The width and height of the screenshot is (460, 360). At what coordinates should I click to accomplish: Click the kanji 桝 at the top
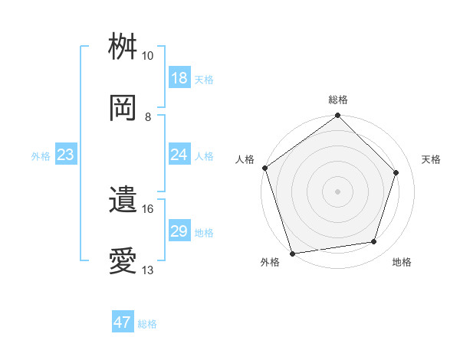coord(123,47)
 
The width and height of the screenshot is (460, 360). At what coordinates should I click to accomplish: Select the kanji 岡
coord(123,108)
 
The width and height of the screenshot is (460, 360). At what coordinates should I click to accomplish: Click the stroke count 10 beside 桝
coord(148,56)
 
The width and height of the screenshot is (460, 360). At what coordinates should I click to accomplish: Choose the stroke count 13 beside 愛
coord(148,270)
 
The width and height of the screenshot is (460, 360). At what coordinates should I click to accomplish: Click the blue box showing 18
coord(179,78)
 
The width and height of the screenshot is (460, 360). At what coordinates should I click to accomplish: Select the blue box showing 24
coord(179,155)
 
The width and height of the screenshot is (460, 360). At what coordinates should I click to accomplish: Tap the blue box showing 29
coord(179,231)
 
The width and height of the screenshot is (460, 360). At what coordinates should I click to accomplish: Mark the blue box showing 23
coord(65,155)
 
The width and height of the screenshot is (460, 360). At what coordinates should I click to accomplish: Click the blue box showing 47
coord(123,322)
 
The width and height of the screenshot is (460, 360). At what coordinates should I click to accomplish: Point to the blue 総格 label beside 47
coord(148,324)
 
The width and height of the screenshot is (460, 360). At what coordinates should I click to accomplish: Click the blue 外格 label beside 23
coord(41,156)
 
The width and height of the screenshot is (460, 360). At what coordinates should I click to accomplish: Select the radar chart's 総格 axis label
coord(338,100)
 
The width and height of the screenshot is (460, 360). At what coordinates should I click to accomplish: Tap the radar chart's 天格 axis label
coord(431,159)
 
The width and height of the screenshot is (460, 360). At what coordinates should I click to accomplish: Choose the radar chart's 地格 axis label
coord(402,262)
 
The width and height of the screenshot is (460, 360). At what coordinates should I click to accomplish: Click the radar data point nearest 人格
coord(265,168)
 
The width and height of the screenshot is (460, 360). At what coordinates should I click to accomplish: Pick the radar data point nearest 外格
coord(292,252)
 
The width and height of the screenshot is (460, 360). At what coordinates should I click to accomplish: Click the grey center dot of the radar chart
coord(338,191)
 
